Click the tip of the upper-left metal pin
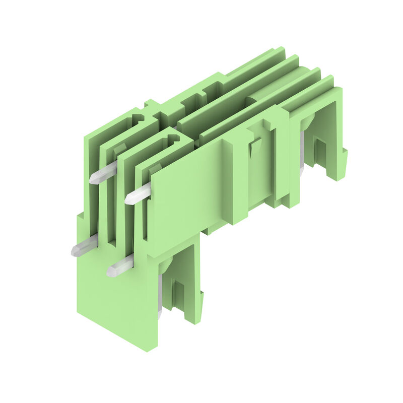93,179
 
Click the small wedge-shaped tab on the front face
255,147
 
